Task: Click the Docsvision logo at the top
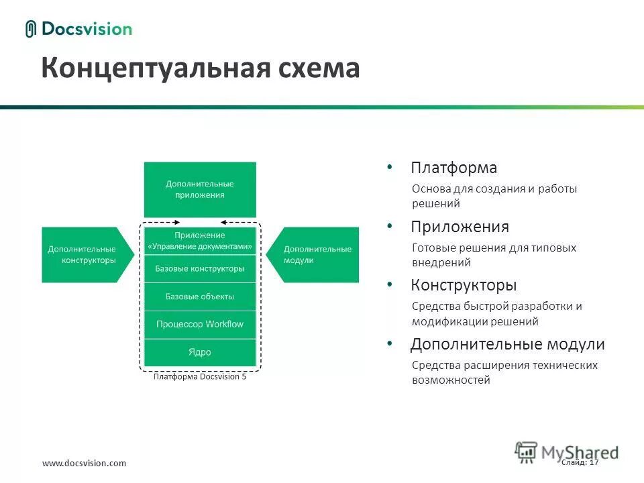(x=78, y=29)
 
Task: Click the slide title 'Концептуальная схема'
(x=200, y=68)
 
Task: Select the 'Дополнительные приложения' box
(x=200, y=189)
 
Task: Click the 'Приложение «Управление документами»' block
(x=200, y=241)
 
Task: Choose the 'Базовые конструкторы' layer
(x=200, y=268)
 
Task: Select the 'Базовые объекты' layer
(x=200, y=296)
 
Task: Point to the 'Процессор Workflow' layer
(x=200, y=324)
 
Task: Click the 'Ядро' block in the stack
(x=200, y=352)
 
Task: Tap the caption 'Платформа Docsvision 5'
(x=200, y=377)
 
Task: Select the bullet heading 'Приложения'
(x=460, y=227)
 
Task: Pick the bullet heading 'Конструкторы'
(x=464, y=285)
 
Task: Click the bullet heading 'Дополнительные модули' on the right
(x=507, y=344)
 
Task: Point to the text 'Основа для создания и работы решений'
(x=494, y=196)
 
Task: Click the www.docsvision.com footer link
(x=84, y=464)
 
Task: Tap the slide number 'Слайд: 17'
(x=580, y=462)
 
